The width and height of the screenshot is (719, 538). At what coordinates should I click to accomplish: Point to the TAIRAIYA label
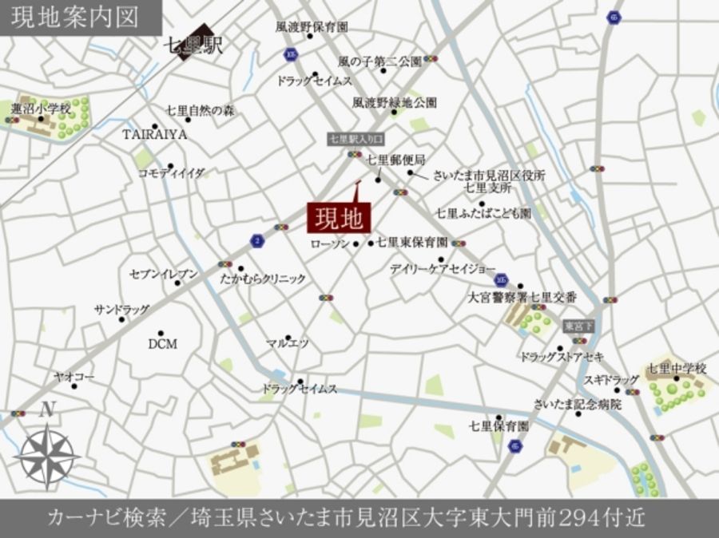pos(155,134)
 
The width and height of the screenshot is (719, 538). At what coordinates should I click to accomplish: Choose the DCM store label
pos(162,344)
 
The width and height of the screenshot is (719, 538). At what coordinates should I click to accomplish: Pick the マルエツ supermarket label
pos(288,343)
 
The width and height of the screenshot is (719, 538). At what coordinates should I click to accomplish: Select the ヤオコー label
pos(73,374)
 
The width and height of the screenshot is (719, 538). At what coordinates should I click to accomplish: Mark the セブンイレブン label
pos(164,275)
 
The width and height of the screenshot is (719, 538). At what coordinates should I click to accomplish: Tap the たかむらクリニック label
pos(264,279)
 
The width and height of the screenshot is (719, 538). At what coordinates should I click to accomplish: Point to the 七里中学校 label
pos(677,369)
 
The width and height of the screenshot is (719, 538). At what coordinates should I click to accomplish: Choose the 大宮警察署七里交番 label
pos(522,296)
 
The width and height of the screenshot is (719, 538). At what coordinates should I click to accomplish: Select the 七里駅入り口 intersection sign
pos(356,140)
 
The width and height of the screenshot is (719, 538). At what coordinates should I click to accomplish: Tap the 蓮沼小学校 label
pos(41,108)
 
